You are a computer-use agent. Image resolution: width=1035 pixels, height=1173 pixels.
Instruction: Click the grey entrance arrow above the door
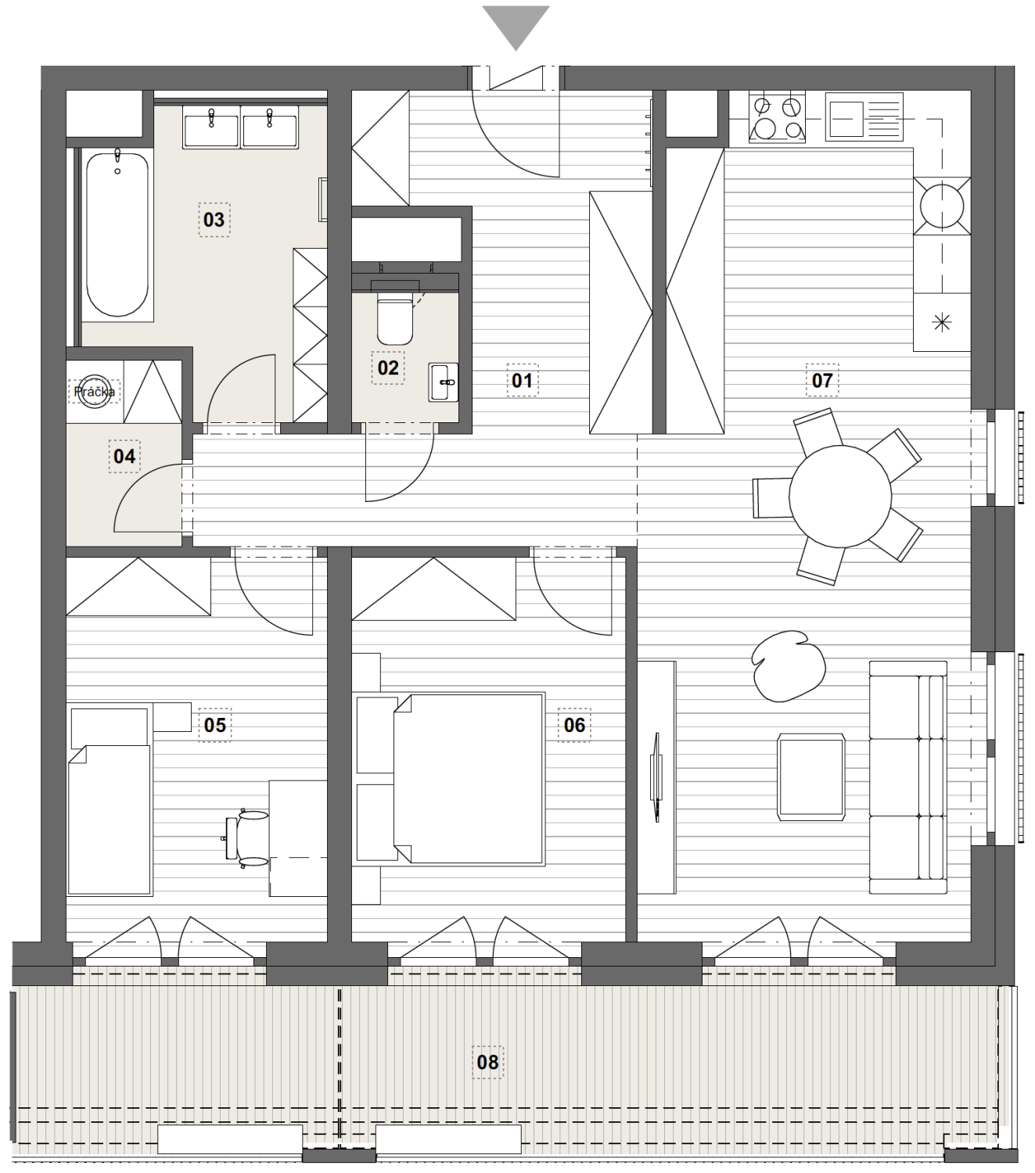click(516, 23)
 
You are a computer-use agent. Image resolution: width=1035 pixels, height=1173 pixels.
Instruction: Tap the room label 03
click(214, 220)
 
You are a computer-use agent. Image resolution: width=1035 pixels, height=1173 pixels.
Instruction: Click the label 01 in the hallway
click(522, 380)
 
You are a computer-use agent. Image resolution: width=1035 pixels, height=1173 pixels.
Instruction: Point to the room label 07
click(822, 380)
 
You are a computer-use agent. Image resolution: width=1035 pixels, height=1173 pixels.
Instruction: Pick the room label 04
click(124, 456)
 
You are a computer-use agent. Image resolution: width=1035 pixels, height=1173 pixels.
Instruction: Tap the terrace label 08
click(487, 1062)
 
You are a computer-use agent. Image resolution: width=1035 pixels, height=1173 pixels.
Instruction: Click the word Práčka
click(95, 392)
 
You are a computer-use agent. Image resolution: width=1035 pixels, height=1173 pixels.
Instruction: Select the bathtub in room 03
click(117, 234)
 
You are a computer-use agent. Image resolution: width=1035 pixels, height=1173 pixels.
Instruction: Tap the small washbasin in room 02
click(443, 382)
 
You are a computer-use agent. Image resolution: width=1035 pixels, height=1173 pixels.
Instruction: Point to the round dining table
click(840, 497)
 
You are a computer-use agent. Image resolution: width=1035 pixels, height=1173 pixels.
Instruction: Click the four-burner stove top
click(777, 117)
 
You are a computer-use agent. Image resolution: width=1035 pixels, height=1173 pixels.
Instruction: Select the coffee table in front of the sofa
click(810, 777)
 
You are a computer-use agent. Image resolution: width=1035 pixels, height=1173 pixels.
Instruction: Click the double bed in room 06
click(469, 779)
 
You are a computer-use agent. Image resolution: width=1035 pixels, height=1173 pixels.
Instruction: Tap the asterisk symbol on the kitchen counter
click(943, 322)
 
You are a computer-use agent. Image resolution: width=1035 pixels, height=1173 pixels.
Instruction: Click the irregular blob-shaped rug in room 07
click(788, 665)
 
